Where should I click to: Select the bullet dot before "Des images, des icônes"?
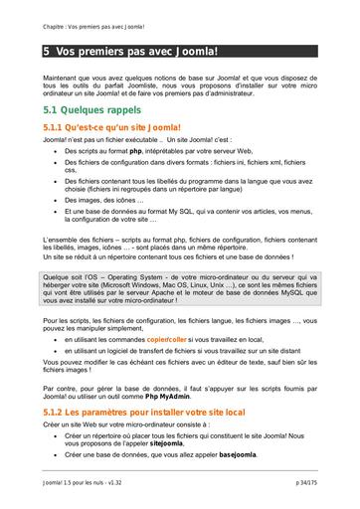click(x=55, y=200)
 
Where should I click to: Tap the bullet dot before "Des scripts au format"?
click(x=55, y=150)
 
